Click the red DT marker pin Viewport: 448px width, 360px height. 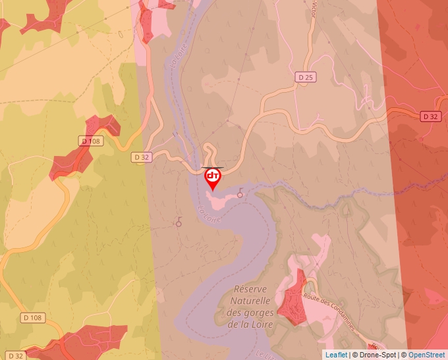pyautogui.click(x=213, y=177)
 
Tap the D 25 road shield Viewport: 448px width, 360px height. pyautogui.click(x=305, y=78)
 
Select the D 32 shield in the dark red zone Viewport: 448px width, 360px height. pyautogui.click(x=430, y=116)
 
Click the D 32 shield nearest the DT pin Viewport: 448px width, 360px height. pyautogui.click(x=142, y=157)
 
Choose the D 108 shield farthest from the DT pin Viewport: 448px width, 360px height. pyautogui.click(x=32, y=318)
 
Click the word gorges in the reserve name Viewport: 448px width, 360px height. pyautogui.click(x=252, y=313)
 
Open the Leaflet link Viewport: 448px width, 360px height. pyautogui.click(x=336, y=355)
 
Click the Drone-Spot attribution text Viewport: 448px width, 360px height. pyautogui.click(x=375, y=355)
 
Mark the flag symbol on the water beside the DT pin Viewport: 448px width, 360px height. pyautogui.click(x=240, y=192)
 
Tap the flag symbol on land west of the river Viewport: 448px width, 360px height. pyautogui.click(x=179, y=222)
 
